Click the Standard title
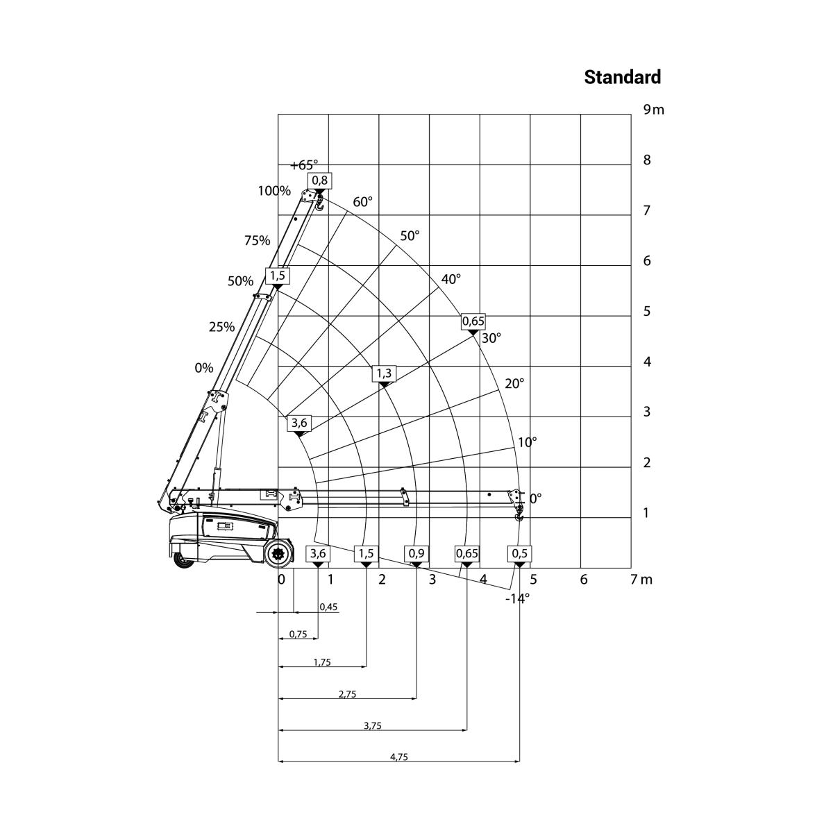tap(622, 77)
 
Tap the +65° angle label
tap(304, 165)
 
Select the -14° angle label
tap(517, 598)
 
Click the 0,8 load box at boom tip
tap(320, 180)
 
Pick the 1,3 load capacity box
tap(384, 373)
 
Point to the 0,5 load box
tap(520, 554)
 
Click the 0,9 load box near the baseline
tap(416, 554)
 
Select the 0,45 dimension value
tap(328, 607)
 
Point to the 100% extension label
tap(274, 191)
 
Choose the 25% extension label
tap(221, 327)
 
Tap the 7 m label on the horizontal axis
tap(641, 579)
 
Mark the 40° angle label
tap(451, 279)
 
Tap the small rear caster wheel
tap(183, 559)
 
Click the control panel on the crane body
tap(225, 525)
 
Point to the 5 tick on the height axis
tap(647, 311)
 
